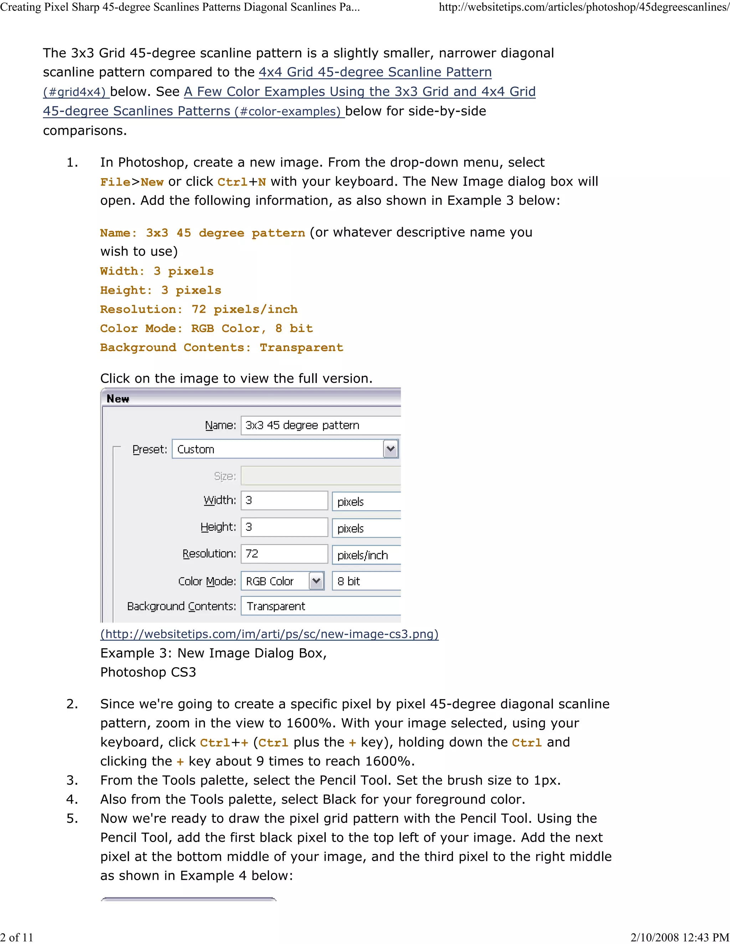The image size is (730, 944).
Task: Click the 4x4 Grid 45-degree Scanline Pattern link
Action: point(375,72)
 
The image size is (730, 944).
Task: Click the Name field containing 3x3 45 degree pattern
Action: point(320,425)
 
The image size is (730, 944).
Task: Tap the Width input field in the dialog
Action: point(284,500)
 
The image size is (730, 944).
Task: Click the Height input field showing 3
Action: point(284,527)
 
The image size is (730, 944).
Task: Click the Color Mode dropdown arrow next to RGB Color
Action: point(317,581)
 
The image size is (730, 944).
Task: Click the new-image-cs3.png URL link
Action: point(269,634)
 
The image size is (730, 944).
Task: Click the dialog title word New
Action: point(118,399)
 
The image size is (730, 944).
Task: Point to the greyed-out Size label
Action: point(225,476)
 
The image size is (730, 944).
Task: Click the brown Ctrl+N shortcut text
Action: point(241,182)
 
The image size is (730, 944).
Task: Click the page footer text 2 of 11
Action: point(16,937)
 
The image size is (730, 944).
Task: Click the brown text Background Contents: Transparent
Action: point(221,348)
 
